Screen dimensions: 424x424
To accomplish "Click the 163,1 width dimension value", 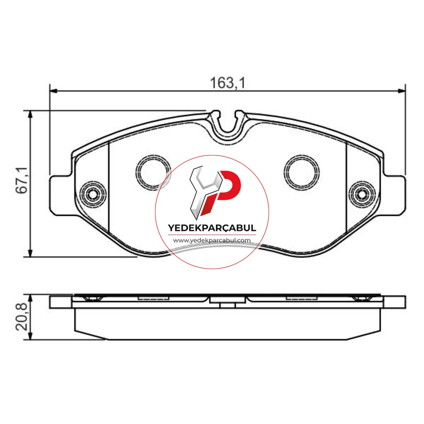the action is click(228, 83).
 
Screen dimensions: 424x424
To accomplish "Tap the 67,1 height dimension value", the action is click(22, 180).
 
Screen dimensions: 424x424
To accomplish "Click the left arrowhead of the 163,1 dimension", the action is click(53, 91).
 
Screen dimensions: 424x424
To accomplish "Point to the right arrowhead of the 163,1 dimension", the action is click(402, 91).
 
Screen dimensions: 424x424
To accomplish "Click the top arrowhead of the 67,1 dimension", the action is click(30, 114).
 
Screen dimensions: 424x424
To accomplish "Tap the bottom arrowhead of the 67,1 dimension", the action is click(30, 253).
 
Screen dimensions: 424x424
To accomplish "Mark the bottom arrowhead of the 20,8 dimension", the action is click(30, 336).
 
